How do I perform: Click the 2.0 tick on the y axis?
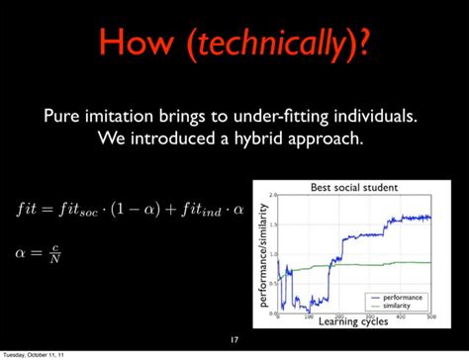coord(271,194)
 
